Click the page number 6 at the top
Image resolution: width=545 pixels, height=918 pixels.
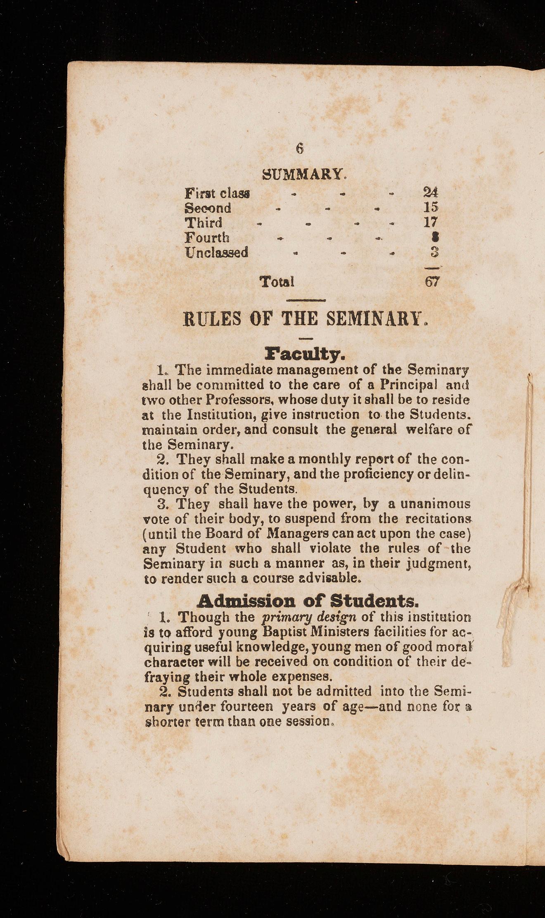point(300,148)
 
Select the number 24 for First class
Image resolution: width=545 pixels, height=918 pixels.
point(431,192)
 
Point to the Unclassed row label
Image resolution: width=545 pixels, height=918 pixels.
point(216,252)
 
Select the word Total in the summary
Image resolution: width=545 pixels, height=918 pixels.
point(277,282)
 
